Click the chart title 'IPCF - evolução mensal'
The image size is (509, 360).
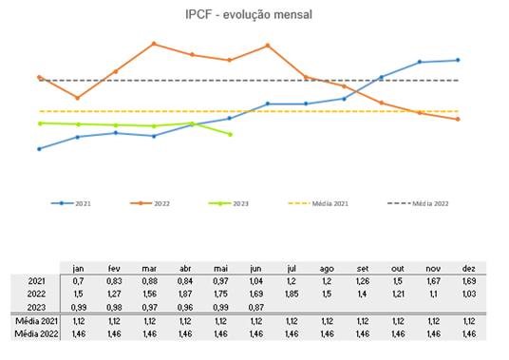click(249, 15)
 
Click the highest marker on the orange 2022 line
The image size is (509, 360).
click(154, 44)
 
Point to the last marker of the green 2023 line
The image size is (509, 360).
click(231, 134)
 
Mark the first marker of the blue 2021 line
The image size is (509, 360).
click(39, 149)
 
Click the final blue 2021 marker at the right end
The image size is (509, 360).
click(459, 60)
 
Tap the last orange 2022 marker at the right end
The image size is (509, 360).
click(459, 120)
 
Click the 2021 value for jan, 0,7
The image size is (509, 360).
click(79, 282)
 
